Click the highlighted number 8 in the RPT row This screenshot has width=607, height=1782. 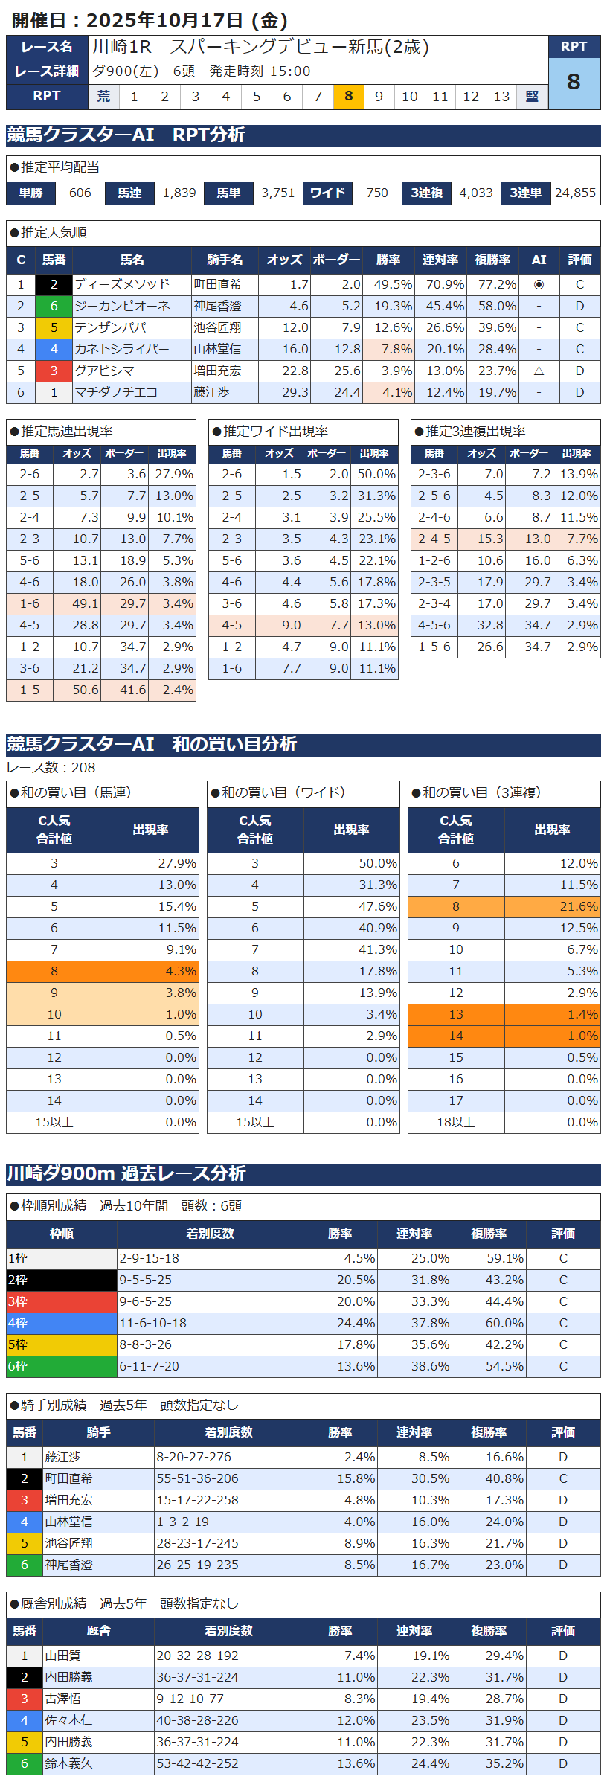click(348, 96)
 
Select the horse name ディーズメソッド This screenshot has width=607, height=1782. click(122, 284)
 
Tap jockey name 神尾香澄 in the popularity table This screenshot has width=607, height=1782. click(217, 306)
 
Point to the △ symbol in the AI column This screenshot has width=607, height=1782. click(539, 371)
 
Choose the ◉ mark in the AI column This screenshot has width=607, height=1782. click(539, 284)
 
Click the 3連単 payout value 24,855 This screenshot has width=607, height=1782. click(575, 193)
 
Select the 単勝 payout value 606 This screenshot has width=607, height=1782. click(80, 193)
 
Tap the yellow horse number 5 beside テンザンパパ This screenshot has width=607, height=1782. click(54, 327)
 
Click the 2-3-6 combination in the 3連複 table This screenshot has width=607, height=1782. click(434, 474)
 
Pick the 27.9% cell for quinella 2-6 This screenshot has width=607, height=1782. click(173, 474)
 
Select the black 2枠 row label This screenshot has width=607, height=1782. click(61, 1280)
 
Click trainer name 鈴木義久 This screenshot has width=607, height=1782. click(68, 1763)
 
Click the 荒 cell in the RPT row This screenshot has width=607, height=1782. click(103, 96)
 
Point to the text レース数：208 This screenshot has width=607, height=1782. click(51, 767)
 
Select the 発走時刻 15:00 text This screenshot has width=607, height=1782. click(260, 71)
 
